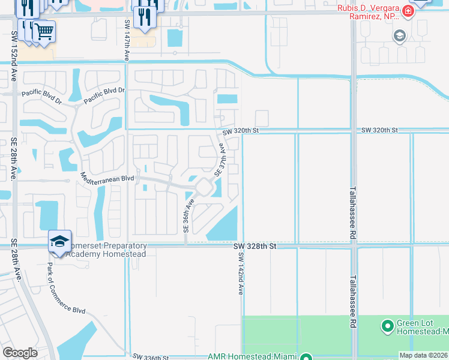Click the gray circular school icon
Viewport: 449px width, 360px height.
[x=399, y=37]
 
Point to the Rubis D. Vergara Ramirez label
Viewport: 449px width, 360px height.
[x=367, y=13]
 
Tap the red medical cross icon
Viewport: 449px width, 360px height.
[x=408, y=11]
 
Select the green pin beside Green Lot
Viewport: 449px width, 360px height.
[x=388, y=327]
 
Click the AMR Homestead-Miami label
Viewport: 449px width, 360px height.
[x=253, y=356]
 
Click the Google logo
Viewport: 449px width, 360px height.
[x=20, y=353]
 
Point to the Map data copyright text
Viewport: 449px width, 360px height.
[x=423, y=355]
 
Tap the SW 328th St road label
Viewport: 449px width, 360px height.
[x=256, y=246]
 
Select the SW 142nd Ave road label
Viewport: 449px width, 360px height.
[x=241, y=273]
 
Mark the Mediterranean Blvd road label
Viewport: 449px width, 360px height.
[x=107, y=178]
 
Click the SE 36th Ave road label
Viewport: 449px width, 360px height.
[x=187, y=217]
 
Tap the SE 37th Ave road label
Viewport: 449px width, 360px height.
[x=220, y=159]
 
